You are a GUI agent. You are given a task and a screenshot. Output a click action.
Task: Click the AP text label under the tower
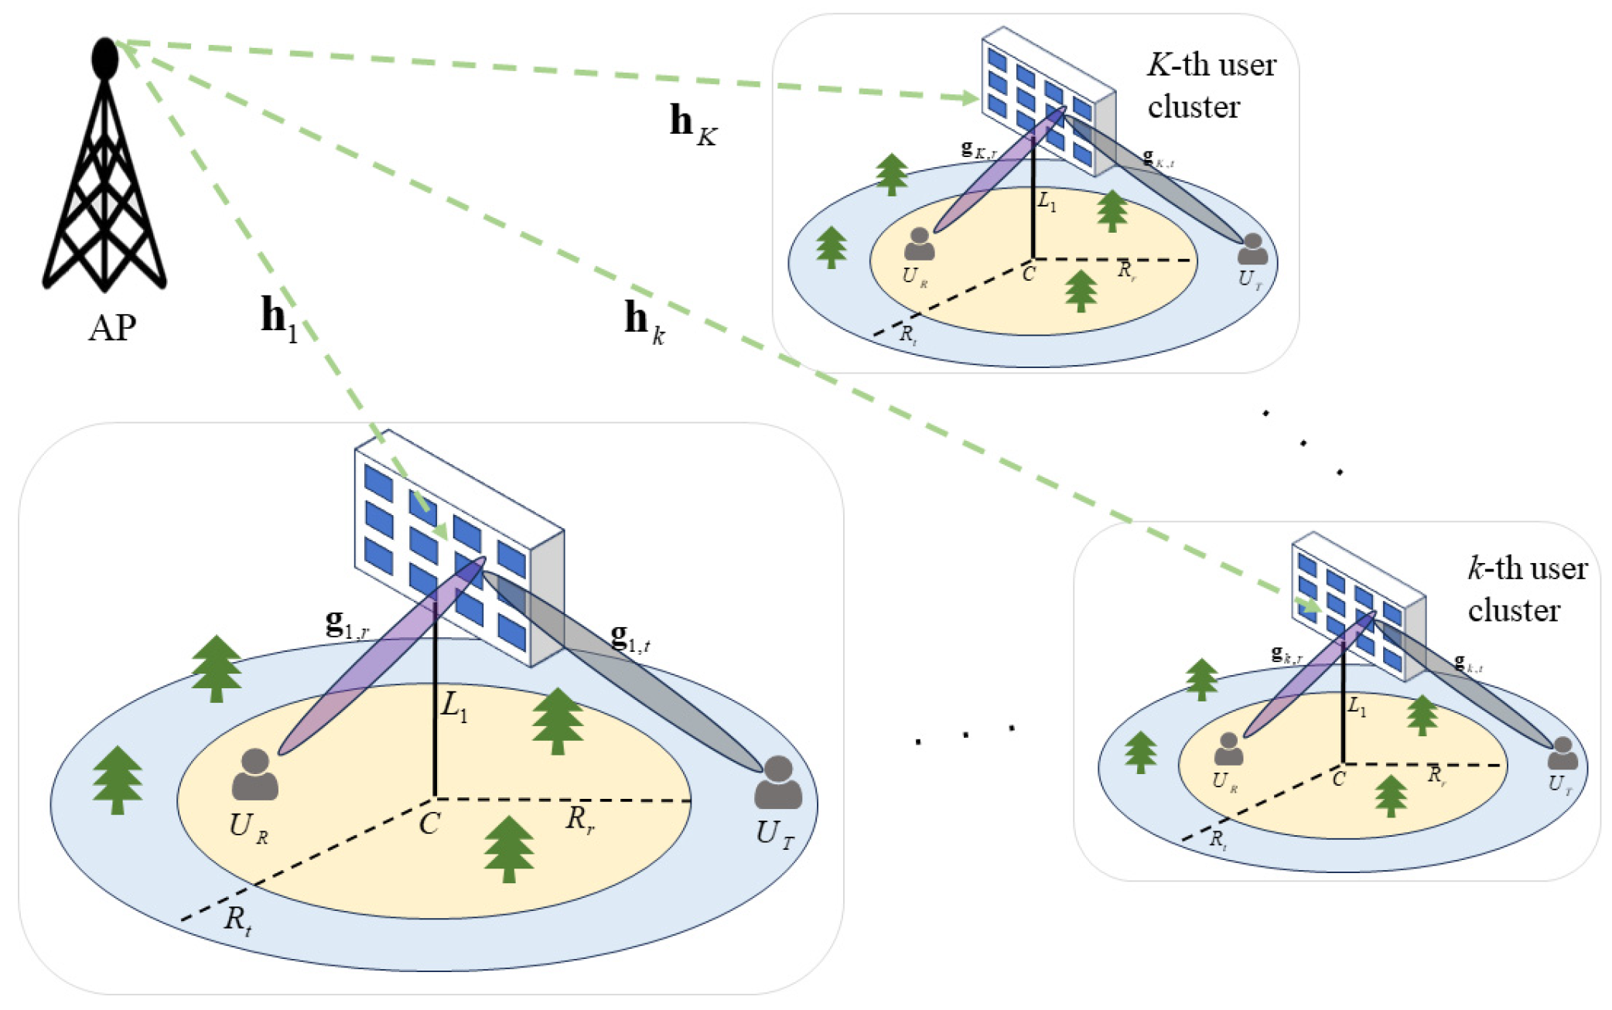pos(112,329)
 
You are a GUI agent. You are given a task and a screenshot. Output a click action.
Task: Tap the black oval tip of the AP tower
pos(104,58)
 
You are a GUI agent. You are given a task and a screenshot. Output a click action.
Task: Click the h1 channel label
pos(278,319)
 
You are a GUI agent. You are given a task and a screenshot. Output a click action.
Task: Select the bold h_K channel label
pos(692,124)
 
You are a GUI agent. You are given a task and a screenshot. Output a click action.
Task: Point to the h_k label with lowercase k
pos(644,321)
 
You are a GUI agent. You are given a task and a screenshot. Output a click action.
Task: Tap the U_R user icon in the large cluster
pos(254,775)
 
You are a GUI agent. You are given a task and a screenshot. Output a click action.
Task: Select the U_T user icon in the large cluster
pos(778,783)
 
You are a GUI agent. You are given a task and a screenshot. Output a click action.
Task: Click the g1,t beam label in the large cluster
pos(630,638)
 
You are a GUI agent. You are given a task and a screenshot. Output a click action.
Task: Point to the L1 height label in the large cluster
pos(454,707)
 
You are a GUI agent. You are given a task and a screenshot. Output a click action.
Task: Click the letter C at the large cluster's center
pos(429,824)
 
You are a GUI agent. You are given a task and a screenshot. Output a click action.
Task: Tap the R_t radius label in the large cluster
pos(237,920)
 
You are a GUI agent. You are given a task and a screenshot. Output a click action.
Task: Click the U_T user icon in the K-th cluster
pos(1252,249)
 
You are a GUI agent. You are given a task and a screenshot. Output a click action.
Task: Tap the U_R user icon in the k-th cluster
pos(1228,749)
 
